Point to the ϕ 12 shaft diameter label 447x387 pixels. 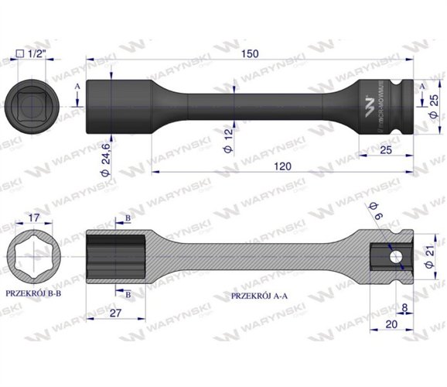[x=230, y=135]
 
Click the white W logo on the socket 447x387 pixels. [x=368, y=102]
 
